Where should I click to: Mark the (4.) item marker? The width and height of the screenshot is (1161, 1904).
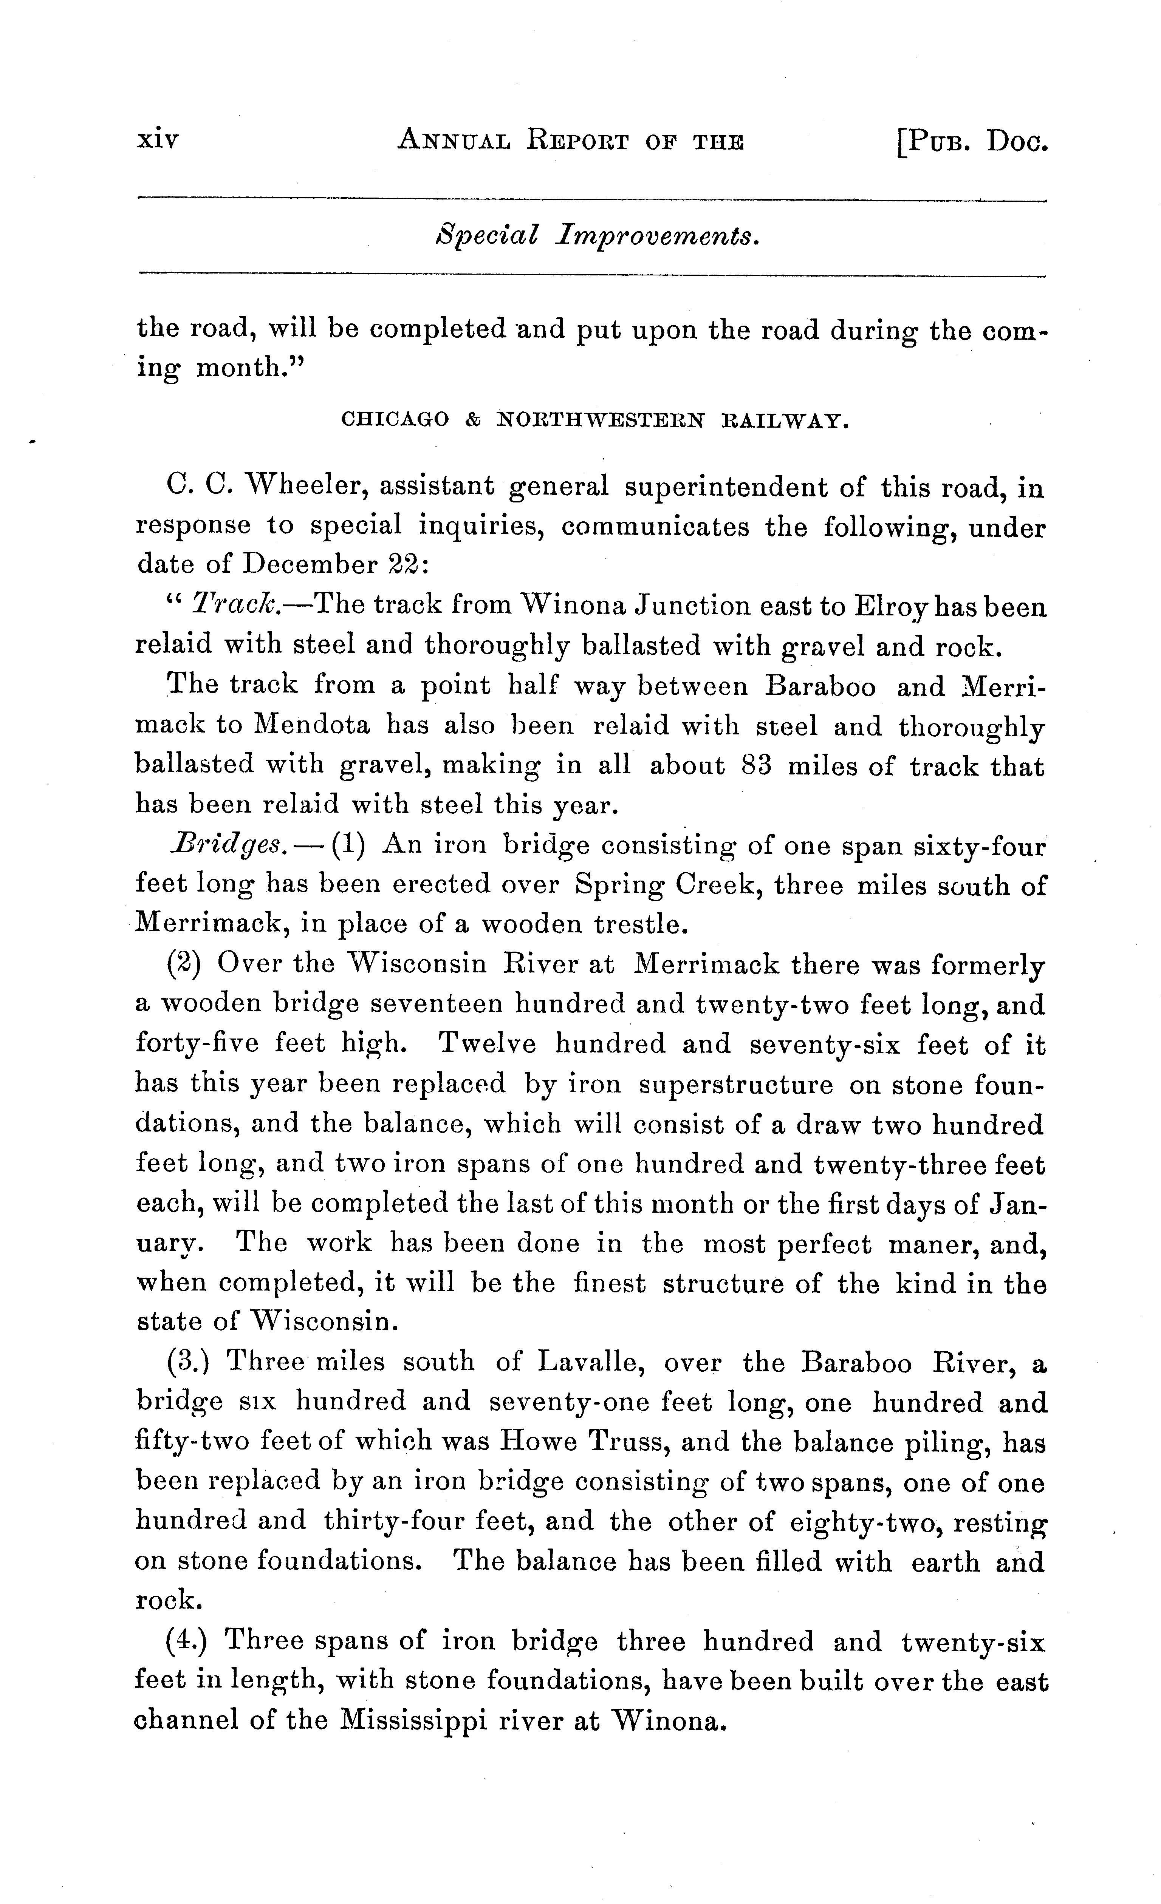tap(187, 1640)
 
